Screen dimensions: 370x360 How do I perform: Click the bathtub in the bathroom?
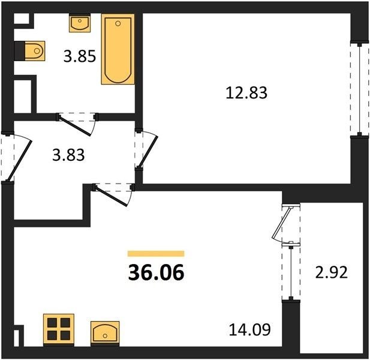(118, 49)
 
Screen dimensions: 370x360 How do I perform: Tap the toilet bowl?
(35, 50)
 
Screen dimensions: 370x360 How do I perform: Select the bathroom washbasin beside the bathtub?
(80, 23)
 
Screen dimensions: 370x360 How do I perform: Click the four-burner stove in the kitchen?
(59, 329)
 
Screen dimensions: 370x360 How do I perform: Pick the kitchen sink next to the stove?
(105, 334)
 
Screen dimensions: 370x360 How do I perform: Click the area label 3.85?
(80, 56)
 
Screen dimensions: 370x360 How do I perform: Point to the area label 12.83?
(246, 92)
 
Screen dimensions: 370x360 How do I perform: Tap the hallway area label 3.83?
(68, 155)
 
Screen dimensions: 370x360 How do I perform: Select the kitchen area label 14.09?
(250, 329)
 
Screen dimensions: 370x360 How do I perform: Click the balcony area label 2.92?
(332, 272)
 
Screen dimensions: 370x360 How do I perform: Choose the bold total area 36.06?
(156, 272)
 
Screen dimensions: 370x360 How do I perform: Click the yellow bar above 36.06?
(156, 254)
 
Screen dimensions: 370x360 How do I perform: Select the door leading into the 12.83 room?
(146, 149)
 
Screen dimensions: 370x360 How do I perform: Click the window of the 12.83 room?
(359, 90)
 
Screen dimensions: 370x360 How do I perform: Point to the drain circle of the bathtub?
(118, 23)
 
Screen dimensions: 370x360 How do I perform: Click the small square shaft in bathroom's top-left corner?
(22, 19)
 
